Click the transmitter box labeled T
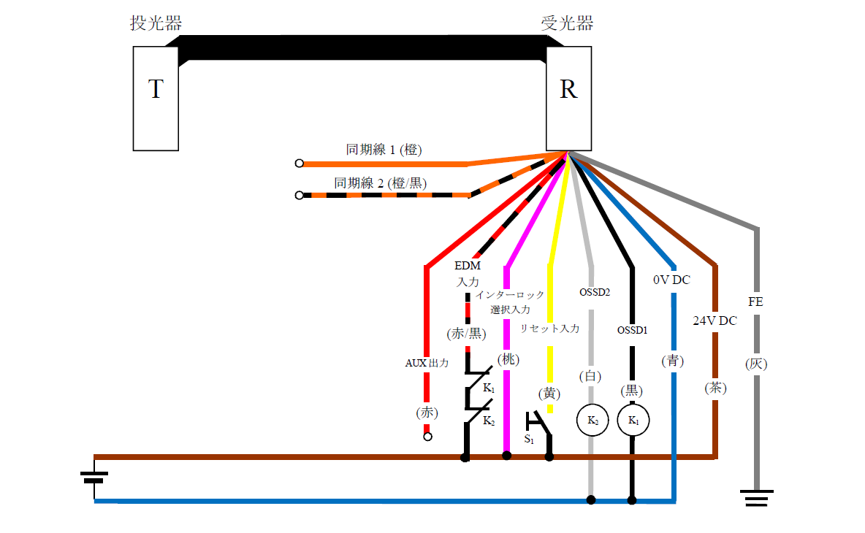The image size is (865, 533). [156, 99]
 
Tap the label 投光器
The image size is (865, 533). [156, 23]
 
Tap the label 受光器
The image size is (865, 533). [567, 23]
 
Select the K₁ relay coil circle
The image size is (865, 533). [633, 421]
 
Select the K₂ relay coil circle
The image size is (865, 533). [592, 421]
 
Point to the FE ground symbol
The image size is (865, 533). [757, 499]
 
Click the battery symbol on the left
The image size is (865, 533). [94, 478]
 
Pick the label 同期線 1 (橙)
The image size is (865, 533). [384, 150]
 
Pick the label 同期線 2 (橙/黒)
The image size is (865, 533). [380, 183]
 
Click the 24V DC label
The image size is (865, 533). [715, 320]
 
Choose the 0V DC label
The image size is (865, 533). [671, 280]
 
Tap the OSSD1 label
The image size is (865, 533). [633, 330]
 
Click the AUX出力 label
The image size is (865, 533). [427, 362]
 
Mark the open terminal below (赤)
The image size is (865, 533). [427, 437]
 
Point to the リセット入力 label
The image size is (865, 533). [549, 329]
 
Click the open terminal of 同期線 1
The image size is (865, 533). [299, 164]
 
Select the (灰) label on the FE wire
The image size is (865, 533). [756, 363]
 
